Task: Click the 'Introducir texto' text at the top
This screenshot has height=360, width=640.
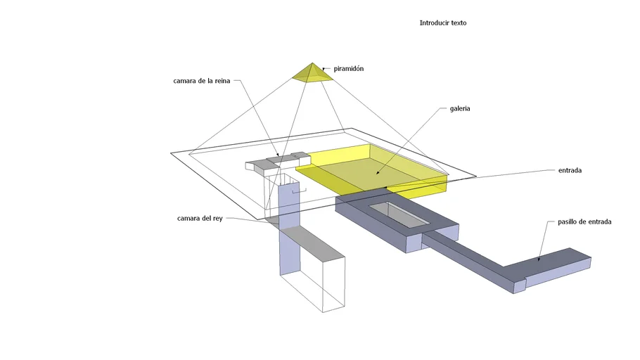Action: pyautogui.click(x=443, y=23)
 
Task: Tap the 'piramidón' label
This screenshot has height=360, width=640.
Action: pyautogui.click(x=349, y=69)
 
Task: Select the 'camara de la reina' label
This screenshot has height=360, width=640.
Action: pyautogui.click(x=202, y=81)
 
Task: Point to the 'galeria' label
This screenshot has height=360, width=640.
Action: pyautogui.click(x=460, y=108)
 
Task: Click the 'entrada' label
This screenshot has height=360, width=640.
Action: pyautogui.click(x=570, y=170)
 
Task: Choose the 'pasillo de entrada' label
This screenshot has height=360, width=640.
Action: pyautogui.click(x=584, y=221)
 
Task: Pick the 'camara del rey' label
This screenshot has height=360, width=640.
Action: pyautogui.click(x=200, y=219)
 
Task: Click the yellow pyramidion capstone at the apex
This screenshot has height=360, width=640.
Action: pyautogui.click(x=312, y=72)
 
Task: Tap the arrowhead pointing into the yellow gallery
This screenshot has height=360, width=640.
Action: pyautogui.click(x=378, y=173)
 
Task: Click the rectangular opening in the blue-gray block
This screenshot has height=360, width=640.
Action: pyautogui.click(x=399, y=214)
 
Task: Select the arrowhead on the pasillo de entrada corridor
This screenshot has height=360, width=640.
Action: pyautogui.click(x=539, y=259)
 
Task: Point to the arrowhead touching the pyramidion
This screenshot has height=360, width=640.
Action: pyautogui.click(x=324, y=69)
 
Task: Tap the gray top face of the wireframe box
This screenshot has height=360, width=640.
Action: pyautogui.click(x=312, y=243)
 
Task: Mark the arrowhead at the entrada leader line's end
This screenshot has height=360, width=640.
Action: pyautogui.click(x=386, y=187)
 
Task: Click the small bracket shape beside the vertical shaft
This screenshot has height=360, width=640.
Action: pyautogui.click(x=299, y=191)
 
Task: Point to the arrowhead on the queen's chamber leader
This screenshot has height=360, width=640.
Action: pyautogui.click(x=279, y=155)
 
